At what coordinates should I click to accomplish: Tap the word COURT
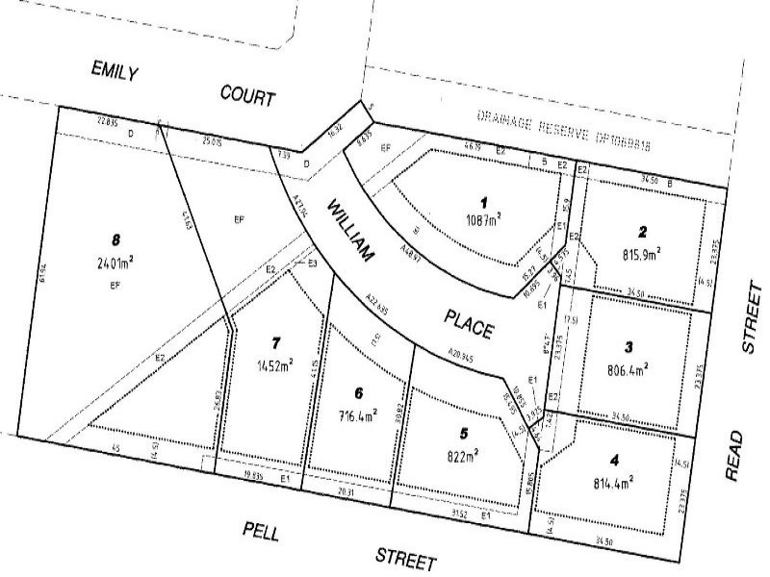coord(247,95)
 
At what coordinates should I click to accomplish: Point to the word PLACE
coord(469,323)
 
